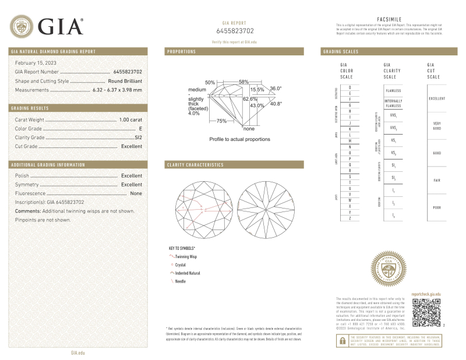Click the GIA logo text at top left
[61, 26]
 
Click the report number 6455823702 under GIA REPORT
[235, 30]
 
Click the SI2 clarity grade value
[138, 137]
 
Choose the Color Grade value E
[140, 128]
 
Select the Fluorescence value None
[136, 193]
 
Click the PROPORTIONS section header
[182, 52]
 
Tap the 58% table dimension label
[243, 82]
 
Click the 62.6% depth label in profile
[234, 99]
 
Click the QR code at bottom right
[426, 312]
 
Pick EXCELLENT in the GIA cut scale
[437, 98]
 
